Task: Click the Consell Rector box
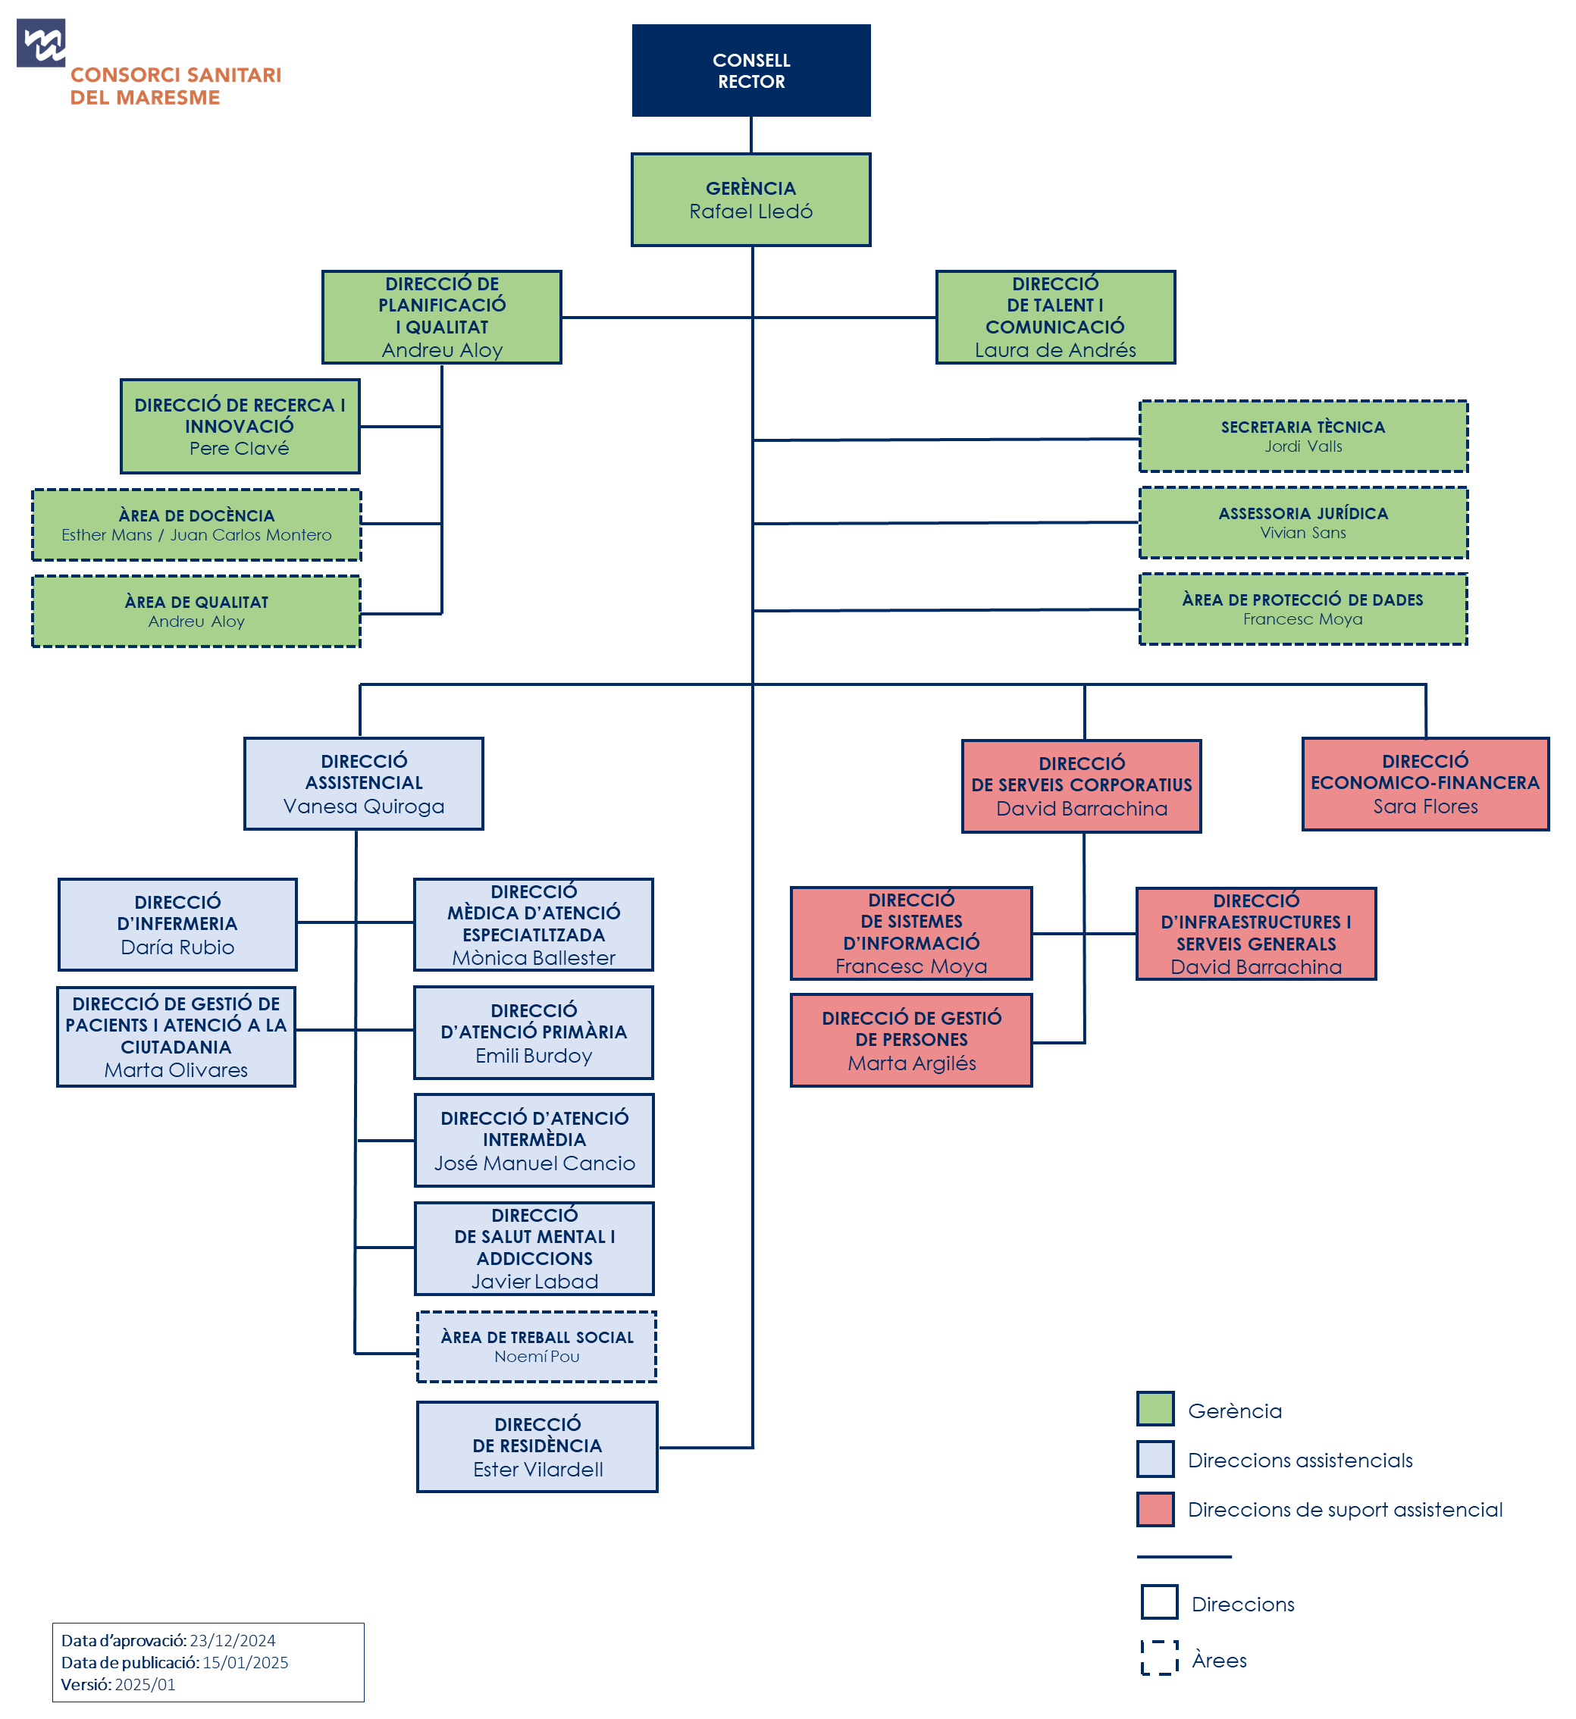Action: pos(750,70)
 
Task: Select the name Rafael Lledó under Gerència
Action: pos(750,211)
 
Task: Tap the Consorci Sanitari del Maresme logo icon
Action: pos(41,42)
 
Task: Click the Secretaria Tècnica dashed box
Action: pos(1302,436)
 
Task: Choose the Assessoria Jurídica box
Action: pos(1302,523)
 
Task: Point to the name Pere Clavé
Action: pos(239,449)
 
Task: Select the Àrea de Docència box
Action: pos(196,524)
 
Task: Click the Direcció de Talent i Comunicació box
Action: pos(1055,316)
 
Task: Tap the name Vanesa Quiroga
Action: pos(363,806)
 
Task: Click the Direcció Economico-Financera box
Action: pos(1424,783)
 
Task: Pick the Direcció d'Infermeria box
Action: pos(177,925)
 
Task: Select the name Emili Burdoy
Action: pos(534,1056)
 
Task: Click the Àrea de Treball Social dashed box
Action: pos(537,1346)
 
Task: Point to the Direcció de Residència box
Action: pos(537,1446)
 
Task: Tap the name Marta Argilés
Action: pos(911,1063)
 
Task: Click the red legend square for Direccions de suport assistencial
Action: pos(1155,1509)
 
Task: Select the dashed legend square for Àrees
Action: pos(1159,1658)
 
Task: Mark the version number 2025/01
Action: pos(145,1685)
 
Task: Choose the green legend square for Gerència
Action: pos(1155,1408)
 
